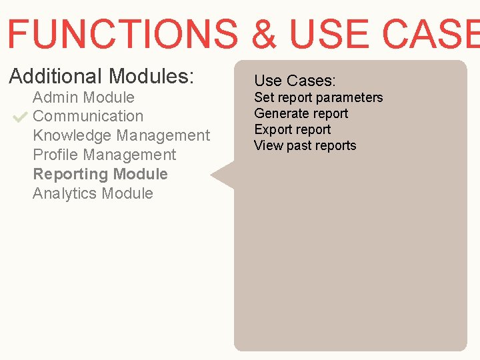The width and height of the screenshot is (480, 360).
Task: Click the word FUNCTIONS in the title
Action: (x=122, y=33)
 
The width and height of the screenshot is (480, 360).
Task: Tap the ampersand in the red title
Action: (x=265, y=33)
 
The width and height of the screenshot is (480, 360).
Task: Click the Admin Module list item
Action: (x=83, y=97)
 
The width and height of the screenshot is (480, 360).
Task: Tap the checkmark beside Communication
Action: (x=19, y=117)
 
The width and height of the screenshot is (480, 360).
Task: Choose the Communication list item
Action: (x=88, y=116)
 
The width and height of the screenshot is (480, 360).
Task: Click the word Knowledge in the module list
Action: (x=72, y=135)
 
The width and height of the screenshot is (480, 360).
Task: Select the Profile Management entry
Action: (x=104, y=155)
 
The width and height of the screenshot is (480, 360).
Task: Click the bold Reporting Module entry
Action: (x=100, y=174)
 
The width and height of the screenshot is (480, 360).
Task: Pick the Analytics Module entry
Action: (x=93, y=193)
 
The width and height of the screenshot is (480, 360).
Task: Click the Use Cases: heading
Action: (x=295, y=81)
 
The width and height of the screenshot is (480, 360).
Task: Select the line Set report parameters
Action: (x=319, y=97)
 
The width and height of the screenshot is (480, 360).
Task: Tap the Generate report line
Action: (x=301, y=113)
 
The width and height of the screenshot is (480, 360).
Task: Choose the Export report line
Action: (x=292, y=129)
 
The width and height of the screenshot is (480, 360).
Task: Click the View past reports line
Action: (x=305, y=145)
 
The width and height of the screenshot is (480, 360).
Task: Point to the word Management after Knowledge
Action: (x=163, y=135)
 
